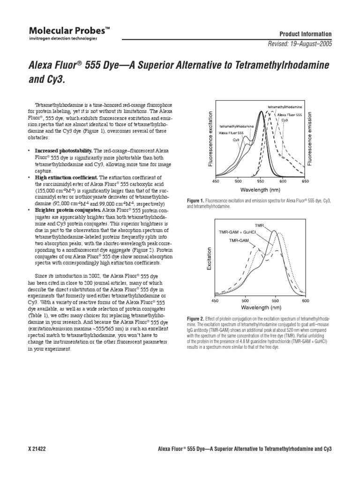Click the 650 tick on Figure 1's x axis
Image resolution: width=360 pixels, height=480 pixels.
coord(305,181)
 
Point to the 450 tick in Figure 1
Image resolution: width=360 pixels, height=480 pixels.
coord(216,181)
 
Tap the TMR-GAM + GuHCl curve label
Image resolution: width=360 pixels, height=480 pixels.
coord(235,232)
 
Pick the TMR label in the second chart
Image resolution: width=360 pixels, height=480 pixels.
coord(259,225)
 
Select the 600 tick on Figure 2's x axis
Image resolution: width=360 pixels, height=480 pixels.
coord(305,300)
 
